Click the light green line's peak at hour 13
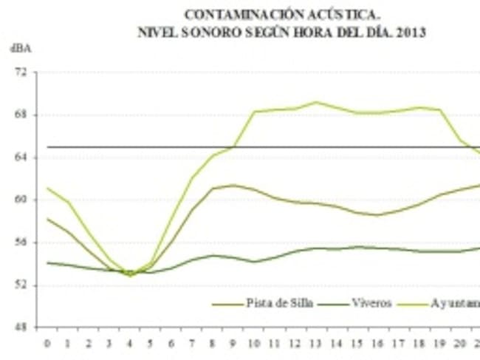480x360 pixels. [x=317, y=102]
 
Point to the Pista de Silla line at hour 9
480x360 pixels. [x=234, y=185]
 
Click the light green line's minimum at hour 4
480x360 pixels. [x=130, y=276]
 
